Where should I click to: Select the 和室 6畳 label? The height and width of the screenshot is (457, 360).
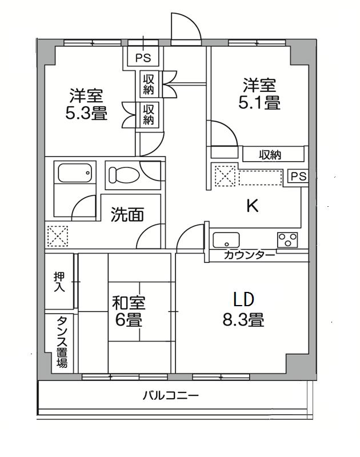pyautogui.click(x=129, y=310)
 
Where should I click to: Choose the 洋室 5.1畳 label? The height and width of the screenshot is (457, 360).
pyautogui.click(x=259, y=95)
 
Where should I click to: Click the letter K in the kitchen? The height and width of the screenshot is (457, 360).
pyautogui.click(x=251, y=206)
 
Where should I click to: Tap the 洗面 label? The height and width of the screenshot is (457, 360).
pyautogui.click(x=127, y=215)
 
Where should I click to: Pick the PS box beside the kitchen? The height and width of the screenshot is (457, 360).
pyautogui.click(x=298, y=177)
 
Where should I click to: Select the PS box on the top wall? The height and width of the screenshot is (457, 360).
pyautogui.click(x=143, y=58)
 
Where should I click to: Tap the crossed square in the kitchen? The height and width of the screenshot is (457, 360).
pyautogui.click(x=223, y=175)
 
